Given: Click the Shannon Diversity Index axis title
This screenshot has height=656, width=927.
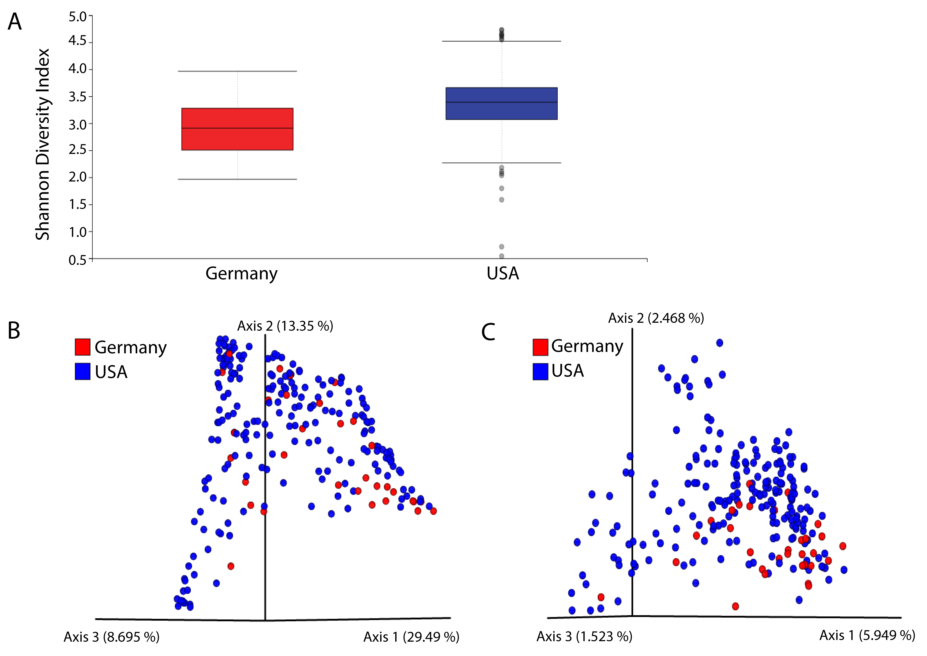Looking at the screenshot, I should pos(42,144).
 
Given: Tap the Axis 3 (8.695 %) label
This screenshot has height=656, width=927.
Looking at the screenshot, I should pos(112,637).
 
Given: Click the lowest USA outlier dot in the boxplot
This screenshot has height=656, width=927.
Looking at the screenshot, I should pos(501,256).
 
